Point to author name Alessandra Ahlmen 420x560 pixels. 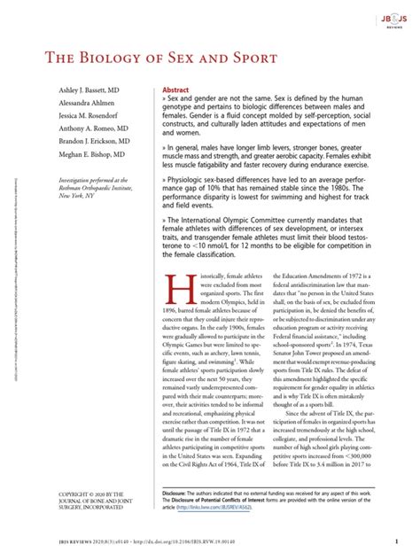click(x=68, y=109)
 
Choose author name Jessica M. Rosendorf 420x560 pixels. click(x=72, y=123)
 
